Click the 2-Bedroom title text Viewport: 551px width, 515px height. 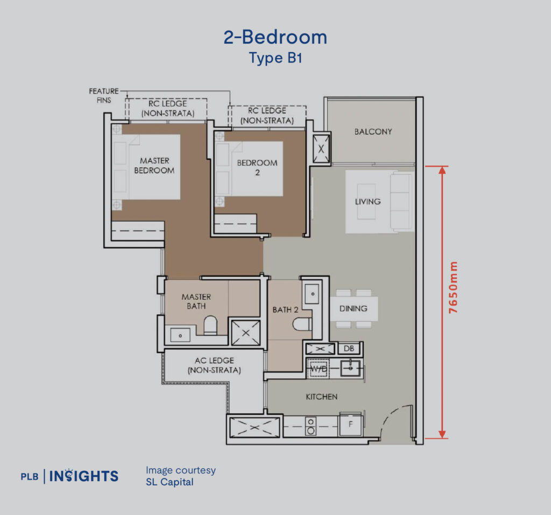(x=275, y=37)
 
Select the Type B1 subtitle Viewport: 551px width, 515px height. (x=275, y=58)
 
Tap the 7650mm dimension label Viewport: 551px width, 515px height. (x=454, y=288)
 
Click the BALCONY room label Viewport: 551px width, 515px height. (x=373, y=131)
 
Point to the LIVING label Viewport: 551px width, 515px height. (x=368, y=201)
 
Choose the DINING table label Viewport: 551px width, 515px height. (x=353, y=308)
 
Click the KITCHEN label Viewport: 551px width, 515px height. (x=321, y=397)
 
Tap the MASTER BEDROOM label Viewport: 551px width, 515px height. (x=154, y=165)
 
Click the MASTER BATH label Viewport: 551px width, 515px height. (x=196, y=301)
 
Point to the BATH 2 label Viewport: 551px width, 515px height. (x=285, y=309)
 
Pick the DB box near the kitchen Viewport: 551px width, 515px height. (x=349, y=349)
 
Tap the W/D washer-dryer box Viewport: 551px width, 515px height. (x=317, y=369)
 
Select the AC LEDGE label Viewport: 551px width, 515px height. (x=214, y=365)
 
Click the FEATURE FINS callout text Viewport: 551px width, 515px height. (x=103, y=95)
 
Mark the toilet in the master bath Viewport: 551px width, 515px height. (x=210, y=324)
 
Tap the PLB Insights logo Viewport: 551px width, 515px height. (x=69, y=476)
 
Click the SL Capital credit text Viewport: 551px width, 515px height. (x=169, y=482)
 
